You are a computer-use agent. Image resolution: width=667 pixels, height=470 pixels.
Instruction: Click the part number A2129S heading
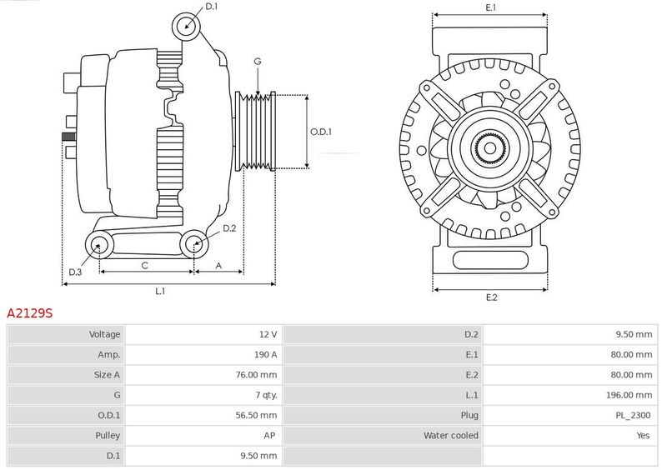pyautogui.click(x=30, y=313)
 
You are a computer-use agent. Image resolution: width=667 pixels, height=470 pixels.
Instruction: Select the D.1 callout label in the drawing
pyautogui.click(x=212, y=7)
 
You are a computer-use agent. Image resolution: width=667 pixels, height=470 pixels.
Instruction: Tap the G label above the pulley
pyautogui.click(x=258, y=62)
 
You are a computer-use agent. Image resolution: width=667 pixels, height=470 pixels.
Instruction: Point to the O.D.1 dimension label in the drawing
pyautogui.click(x=321, y=132)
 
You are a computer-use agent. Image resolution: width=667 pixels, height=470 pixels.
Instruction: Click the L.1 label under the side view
pyautogui.click(x=160, y=292)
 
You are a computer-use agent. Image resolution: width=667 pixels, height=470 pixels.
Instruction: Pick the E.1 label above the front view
pyautogui.click(x=490, y=7)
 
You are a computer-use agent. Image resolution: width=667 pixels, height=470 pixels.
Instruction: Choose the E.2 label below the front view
pyautogui.click(x=491, y=297)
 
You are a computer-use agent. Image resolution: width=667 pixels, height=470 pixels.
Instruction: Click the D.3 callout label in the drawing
pyautogui.click(x=75, y=272)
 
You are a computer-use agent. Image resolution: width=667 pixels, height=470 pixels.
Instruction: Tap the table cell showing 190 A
pyautogui.click(x=265, y=354)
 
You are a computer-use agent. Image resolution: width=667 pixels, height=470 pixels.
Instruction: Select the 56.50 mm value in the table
pyautogui.click(x=256, y=415)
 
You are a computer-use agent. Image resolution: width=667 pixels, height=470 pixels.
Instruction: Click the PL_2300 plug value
pyautogui.click(x=633, y=415)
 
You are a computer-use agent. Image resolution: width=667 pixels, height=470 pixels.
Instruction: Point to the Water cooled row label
pyautogui.click(x=451, y=436)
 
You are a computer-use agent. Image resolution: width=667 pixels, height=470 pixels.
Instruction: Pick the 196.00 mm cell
pyautogui.click(x=629, y=395)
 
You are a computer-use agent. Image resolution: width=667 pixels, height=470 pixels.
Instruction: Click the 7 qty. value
pyautogui.click(x=266, y=395)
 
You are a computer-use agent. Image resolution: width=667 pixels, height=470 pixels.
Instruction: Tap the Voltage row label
pyautogui.click(x=105, y=334)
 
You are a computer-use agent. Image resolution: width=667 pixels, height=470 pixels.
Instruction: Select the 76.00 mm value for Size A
pyautogui.click(x=256, y=375)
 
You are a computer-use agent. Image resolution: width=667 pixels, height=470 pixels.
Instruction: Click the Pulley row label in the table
pyautogui.click(x=108, y=436)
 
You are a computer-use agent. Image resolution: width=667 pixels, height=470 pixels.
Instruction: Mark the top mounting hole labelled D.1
pyautogui.click(x=186, y=27)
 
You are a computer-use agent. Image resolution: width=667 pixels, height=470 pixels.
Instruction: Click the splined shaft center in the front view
pyautogui.click(x=490, y=148)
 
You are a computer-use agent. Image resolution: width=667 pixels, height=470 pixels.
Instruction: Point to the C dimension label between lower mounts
pyautogui.click(x=144, y=266)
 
